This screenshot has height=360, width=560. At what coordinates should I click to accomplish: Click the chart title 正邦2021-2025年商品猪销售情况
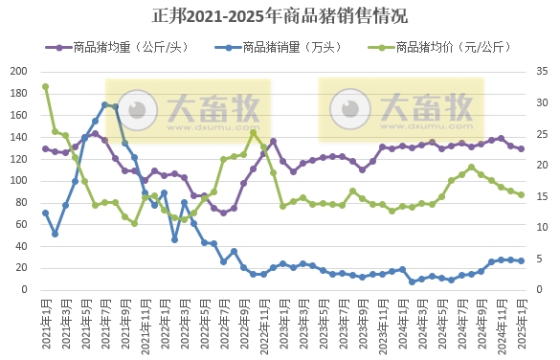point(280,16)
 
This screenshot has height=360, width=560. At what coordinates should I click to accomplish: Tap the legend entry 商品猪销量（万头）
point(278,47)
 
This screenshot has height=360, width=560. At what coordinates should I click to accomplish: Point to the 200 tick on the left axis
point(18,72)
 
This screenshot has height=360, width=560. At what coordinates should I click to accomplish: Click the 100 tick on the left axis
point(18,180)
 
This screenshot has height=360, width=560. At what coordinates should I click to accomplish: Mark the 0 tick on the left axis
point(25,289)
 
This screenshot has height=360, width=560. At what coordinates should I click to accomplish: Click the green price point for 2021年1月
point(45,87)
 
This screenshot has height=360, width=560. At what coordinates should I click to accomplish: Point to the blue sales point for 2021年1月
point(45,213)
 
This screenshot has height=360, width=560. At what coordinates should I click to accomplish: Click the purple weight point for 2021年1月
point(45,148)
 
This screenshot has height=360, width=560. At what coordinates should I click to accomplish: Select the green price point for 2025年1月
point(521,194)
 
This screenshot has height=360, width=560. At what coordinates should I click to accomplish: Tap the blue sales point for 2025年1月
point(521,260)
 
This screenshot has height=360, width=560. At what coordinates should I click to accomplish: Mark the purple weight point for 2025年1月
point(521,148)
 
